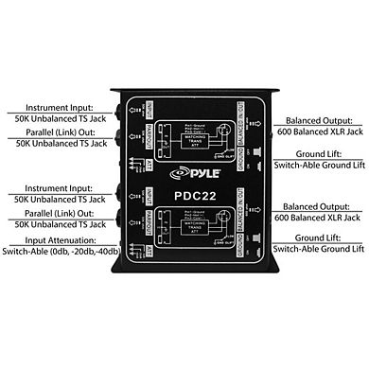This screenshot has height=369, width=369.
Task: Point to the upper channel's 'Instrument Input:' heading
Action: [x=59, y=108]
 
